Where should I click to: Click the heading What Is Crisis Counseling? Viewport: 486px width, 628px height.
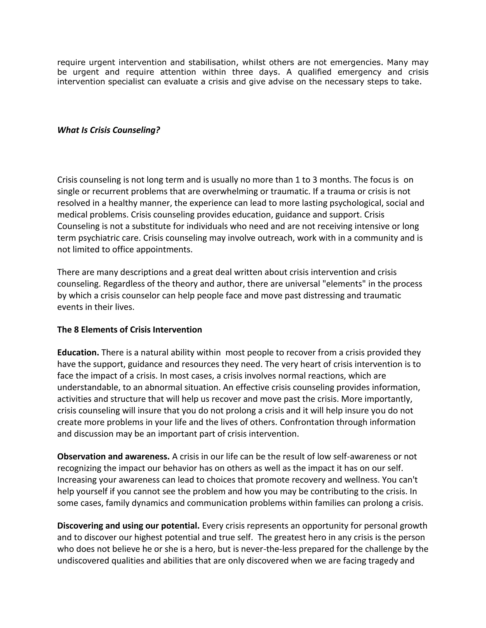(x=108, y=130)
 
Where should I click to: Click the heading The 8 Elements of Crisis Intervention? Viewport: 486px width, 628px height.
(x=130, y=330)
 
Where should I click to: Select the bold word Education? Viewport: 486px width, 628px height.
(x=78, y=353)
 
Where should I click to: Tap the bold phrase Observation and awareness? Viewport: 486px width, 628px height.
(x=113, y=456)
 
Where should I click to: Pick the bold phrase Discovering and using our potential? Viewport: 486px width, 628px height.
(x=128, y=526)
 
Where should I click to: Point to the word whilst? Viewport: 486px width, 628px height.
(x=254, y=62)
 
